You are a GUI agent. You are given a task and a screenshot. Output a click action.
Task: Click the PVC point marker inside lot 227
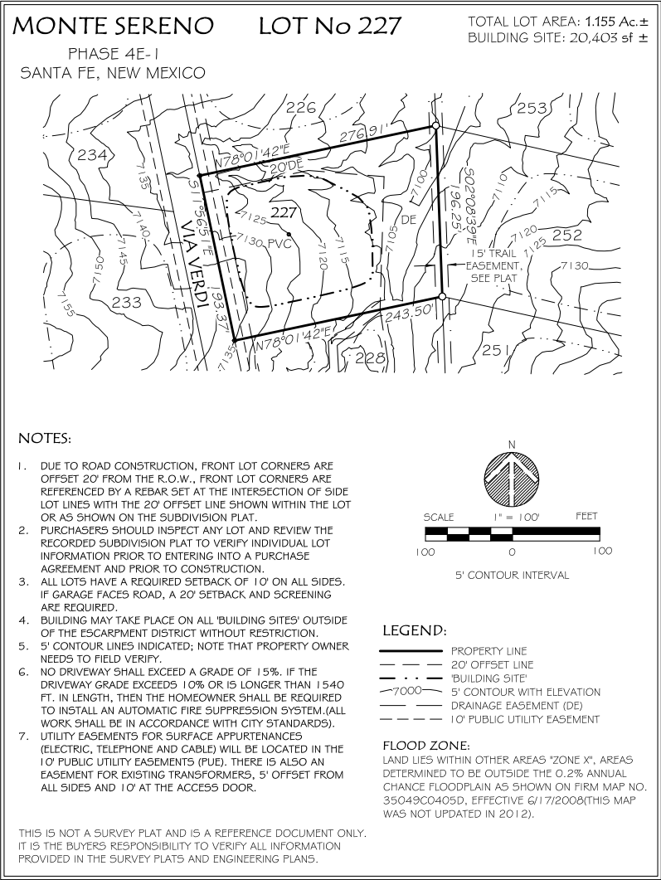click(x=289, y=234)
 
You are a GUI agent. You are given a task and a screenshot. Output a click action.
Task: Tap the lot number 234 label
click(x=92, y=154)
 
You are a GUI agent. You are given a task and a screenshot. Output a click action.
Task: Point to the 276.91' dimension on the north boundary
click(x=364, y=134)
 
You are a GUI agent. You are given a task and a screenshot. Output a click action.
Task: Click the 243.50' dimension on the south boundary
click(x=411, y=312)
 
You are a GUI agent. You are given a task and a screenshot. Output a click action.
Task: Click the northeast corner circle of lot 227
click(x=435, y=125)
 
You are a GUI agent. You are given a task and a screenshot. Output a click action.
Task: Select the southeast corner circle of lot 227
click(x=442, y=296)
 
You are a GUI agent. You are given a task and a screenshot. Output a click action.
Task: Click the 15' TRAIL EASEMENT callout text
click(x=494, y=266)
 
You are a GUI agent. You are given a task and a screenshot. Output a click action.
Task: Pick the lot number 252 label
click(x=567, y=236)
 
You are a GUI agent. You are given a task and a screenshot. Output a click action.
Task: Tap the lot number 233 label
click(x=127, y=303)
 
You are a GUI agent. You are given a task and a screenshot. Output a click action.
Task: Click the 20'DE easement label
click(x=286, y=168)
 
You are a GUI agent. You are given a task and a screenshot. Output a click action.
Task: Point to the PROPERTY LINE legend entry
click(x=488, y=651)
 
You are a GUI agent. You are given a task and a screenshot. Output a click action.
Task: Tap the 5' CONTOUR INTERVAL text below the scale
click(x=512, y=575)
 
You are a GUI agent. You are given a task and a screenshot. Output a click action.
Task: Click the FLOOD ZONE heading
click(x=426, y=746)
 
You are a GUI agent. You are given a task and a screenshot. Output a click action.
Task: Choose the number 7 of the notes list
click(x=23, y=736)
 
